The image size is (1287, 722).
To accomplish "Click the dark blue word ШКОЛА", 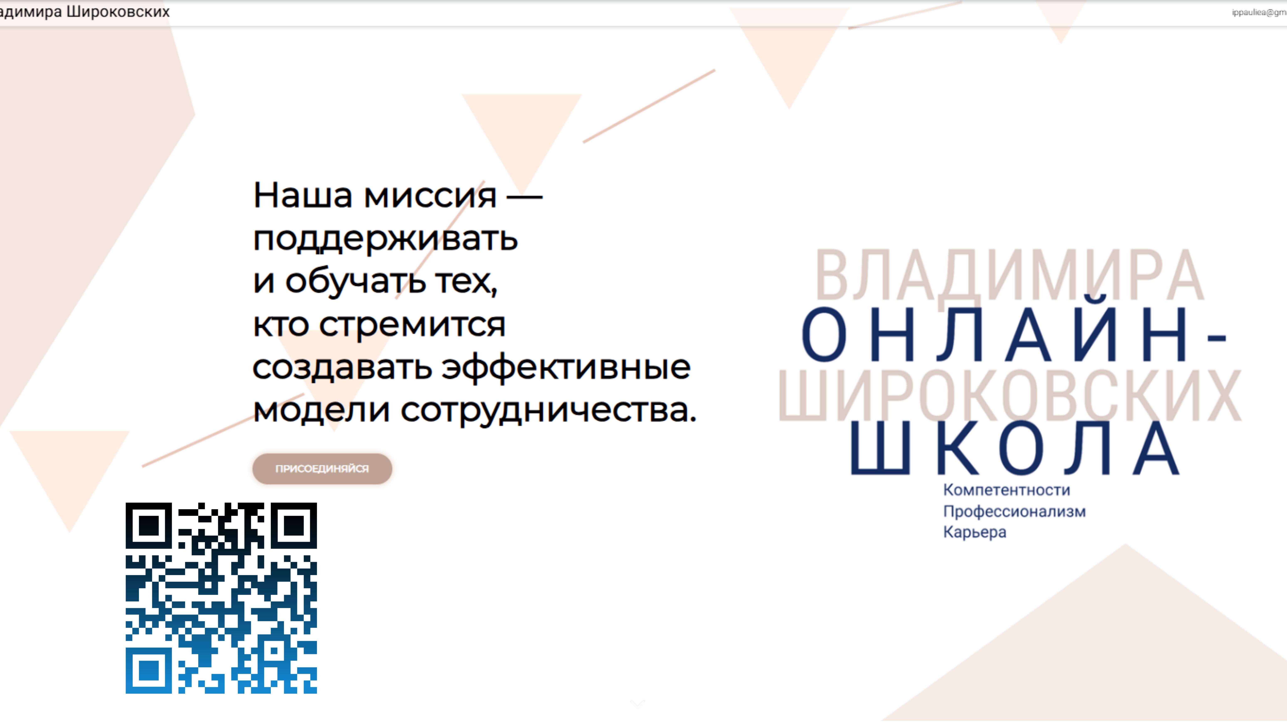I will tap(1014, 448).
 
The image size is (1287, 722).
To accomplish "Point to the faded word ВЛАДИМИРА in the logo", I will tap(1009, 275).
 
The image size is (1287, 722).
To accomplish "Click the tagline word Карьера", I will tap(974, 532).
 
